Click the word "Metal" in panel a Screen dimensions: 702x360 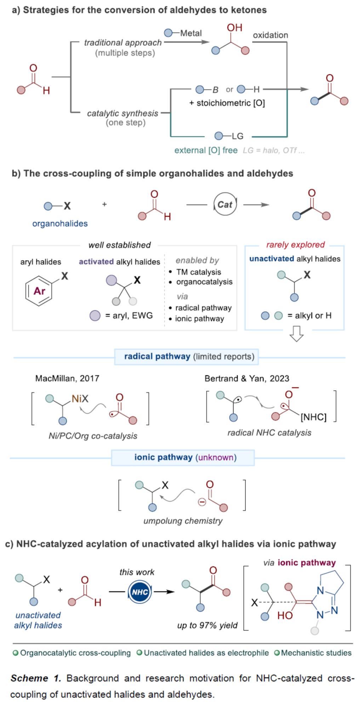pyautogui.click(x=191, y=33)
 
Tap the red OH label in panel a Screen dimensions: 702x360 pyautogui.click(x=234, y=28)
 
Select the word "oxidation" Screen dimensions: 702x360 pyautogui.click(x=270, y=35)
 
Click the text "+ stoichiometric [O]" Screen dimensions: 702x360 pyautogui.click(x=227, y=103)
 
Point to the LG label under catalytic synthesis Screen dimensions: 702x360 pyautogui.click(x=238, y=136)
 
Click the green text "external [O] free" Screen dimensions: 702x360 pyautogui.click(x=206, y=150)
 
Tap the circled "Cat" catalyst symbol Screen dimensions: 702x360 pyautogui.click(x=225, y=204)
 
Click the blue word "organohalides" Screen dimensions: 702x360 pyautogui.click(x=60, y=223)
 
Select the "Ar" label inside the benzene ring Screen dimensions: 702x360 pyautogui.click(x=39, y=291)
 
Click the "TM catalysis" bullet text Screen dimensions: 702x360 pyautogui.click(x=199, y=272)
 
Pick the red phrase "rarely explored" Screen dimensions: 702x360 pyautogui.click(x=295, y=245)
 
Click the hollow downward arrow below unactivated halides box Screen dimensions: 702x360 pyautogui.click(x=297, y=333)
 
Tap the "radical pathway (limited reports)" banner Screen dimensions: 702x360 pyautogui.click(x=187, y=357)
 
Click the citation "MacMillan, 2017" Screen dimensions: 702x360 pyautogui.click(x=67, y=378)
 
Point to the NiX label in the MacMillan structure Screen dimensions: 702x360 pyautogui.click(x=80, y=399)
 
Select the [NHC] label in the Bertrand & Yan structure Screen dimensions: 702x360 pyautogui.click(x=313, y=417)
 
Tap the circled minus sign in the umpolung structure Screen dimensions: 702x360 pyautogui.click(x=202, y=502)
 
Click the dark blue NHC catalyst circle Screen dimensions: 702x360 pyautogui.click(x=140, y=592)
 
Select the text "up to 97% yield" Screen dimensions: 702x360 pyautogui.click(x=207, y=625)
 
